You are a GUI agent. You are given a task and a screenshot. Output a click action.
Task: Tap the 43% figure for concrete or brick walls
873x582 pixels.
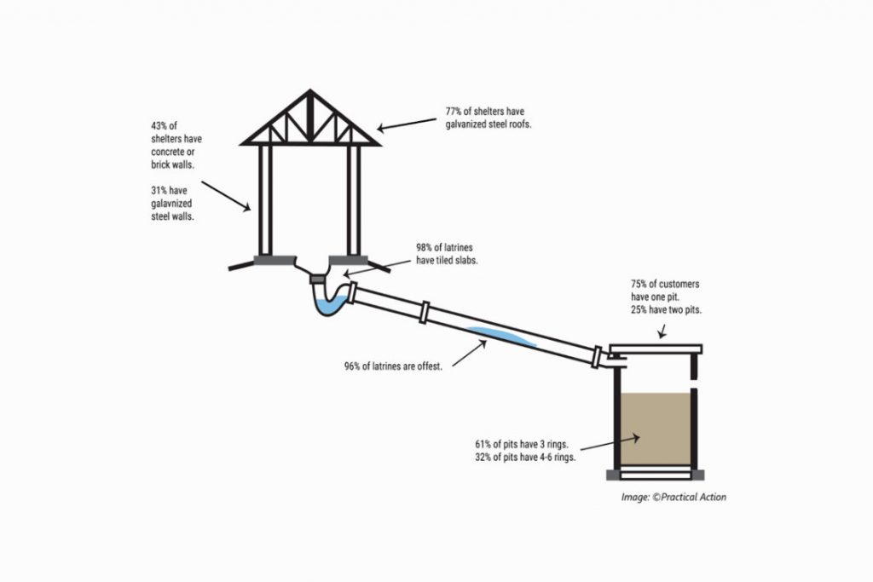[159, 125]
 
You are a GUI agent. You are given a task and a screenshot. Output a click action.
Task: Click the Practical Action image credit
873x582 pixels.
[674, 497]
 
